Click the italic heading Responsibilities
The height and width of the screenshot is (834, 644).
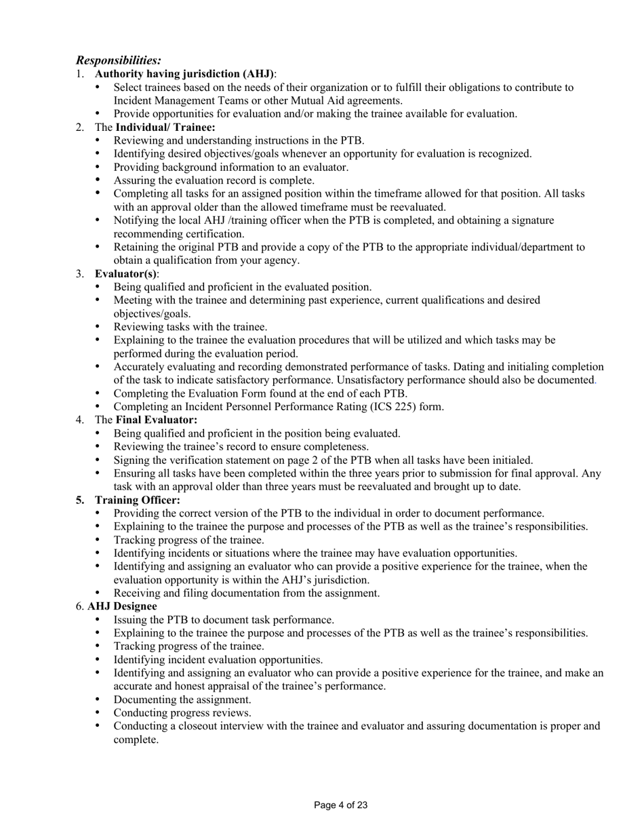tap(118, 60)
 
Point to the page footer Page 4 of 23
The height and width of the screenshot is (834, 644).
tap(341, 806)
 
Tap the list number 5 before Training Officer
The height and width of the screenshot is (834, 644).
tap(80, 500)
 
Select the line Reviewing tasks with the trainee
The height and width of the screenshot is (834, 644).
tap(190, 327)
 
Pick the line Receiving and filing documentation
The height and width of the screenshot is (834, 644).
tap(246, 593)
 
